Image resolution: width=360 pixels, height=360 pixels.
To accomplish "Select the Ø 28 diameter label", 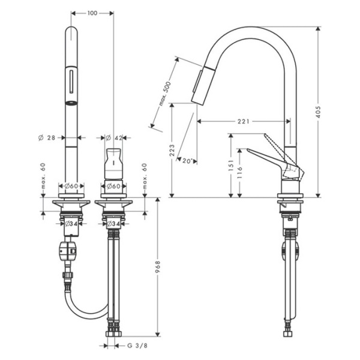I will coord(47,138).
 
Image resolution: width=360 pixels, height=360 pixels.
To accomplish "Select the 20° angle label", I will coord(188,161).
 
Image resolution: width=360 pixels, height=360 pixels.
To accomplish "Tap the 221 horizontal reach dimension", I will coord(243,122).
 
